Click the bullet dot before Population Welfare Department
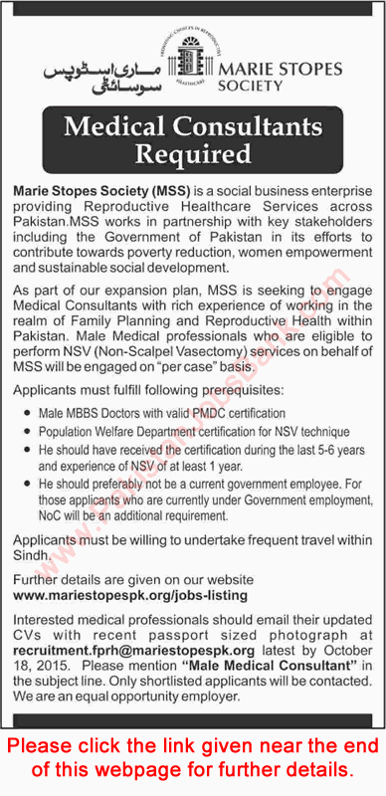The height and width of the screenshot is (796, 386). [x=27, y=433]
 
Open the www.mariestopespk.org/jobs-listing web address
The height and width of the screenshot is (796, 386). [x=129, y=594]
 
